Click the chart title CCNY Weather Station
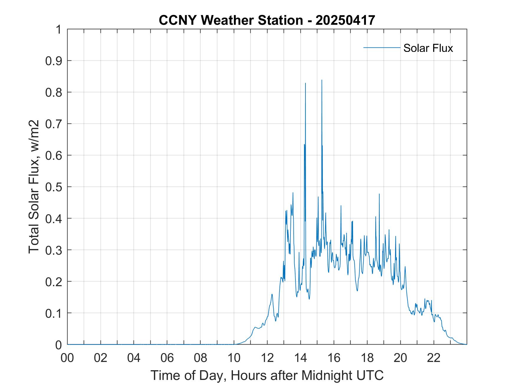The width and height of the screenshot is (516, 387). tap(231, 20)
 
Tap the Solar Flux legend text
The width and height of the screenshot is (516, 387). tap(428, 48)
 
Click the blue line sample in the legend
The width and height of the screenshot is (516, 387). tap(382, 47)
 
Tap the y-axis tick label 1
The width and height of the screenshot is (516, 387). tap(59, 29)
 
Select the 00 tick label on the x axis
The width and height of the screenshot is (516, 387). tap(68, 358)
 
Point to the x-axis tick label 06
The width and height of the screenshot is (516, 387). tap(167, 358)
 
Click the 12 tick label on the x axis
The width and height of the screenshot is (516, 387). tap(267, 358)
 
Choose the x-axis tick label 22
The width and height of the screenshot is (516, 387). tap(434, 358)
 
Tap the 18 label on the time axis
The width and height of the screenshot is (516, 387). tap(367, 358)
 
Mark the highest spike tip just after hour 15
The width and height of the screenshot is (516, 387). tap(322, 80)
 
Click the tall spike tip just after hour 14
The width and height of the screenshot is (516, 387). tap(305, 83)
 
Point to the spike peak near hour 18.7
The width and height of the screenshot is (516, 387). tap(379, 194)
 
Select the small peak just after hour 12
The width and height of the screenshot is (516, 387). tap(272, 294)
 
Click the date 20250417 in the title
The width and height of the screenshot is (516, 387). tap(345, 20)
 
